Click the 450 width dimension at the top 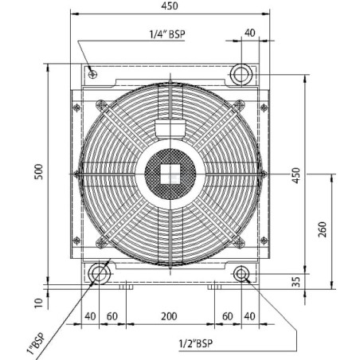pyautogui.click(x=170, y=6)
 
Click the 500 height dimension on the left pyautogui.click(x=39, y=172)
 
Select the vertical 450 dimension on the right pyautogui.click(x=295, y=175)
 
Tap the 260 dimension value pyautogui.click(x=322, y=229)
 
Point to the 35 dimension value pyautogui.click(x=295, y=282)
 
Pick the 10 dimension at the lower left pyautogui.click(x=39, y=303)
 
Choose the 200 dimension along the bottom pyautogui.click(x=169, y=316)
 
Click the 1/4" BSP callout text pyautogui.click(x=167, y=34)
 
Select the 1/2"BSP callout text pyautogui.click(x=196, y=343)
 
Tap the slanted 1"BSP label pyautogui.click(x=36, y=343)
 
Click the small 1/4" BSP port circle pyautogui.click(x=92, y=75)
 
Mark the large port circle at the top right pyautogui.click(x=241, y=74)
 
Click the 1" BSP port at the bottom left pyautogui.click(x=99, y=274)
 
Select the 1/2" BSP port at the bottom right pyautogui.click(x=241, y=274)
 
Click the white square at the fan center pyautogui.click(x=170, y=174)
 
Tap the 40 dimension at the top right pyautogui.click(x=249, y=33)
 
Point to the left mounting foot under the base pyautogui.click(x=126, y=287)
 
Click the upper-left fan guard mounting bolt pyautogui.click(x=102, y=105)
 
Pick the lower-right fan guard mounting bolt pyautogui.click(x=239, y=243)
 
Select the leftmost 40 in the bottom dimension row pyautogui.click(x=90, y=316)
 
